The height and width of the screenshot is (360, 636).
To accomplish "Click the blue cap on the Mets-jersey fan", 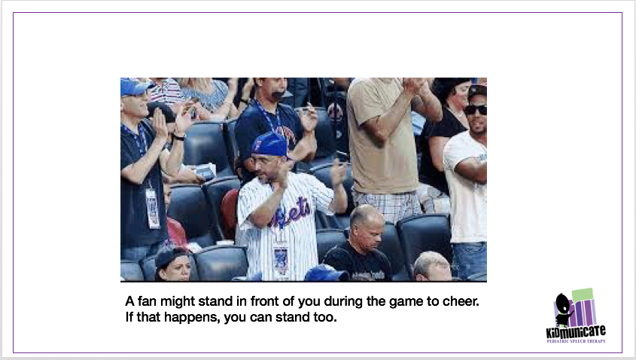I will coord(270,143).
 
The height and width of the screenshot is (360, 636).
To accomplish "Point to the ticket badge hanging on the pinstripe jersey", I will coord(281,258).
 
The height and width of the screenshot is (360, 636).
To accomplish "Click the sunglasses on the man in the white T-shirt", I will coord(475,109).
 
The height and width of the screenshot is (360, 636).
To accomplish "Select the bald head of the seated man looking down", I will coord(366,219).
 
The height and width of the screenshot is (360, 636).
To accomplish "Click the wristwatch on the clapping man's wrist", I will coord(179,136).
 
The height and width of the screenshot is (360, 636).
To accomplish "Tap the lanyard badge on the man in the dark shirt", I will coord(153,207).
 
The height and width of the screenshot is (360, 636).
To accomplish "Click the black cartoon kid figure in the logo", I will coord(563,308).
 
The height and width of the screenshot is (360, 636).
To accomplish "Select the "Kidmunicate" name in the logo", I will coord(576,332).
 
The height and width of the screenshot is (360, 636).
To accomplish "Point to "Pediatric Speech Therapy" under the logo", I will coord(576,341).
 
